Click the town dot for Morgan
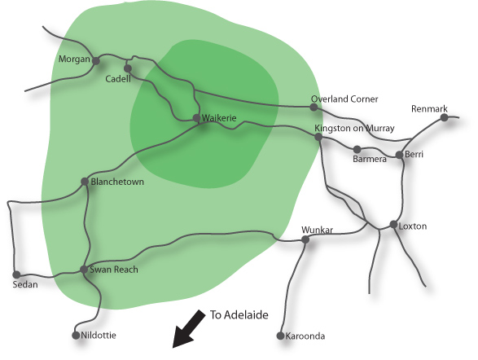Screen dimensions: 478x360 tap(96, 61)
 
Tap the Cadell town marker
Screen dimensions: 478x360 tap(128, 68)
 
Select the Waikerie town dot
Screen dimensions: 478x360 tap(196, 118)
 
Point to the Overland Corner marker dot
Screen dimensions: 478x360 tap(314, 107)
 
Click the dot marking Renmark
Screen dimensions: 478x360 tap(444, 117)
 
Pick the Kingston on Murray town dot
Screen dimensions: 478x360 tap(318, 137)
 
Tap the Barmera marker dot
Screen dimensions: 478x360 tap(357, 149)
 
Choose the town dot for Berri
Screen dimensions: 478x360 tap(399, 155)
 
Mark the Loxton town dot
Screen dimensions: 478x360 tap(394, 225)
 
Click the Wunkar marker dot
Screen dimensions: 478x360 tap(305, 240)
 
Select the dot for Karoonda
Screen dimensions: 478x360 tap(280, 336)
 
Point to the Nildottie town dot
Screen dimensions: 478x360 tap(76, 336)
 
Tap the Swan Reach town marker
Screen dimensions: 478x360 tap(84, 270)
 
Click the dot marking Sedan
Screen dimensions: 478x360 tap(16, 275)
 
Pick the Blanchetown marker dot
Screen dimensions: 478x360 tap(85, 182)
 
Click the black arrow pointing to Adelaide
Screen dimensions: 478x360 tap(189, 329)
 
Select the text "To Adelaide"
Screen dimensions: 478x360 tap(239, 315)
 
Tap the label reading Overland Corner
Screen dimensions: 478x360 tap(344, 99)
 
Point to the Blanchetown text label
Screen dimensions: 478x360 tap(117, 182)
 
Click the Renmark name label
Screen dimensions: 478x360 tap(429, 109)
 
